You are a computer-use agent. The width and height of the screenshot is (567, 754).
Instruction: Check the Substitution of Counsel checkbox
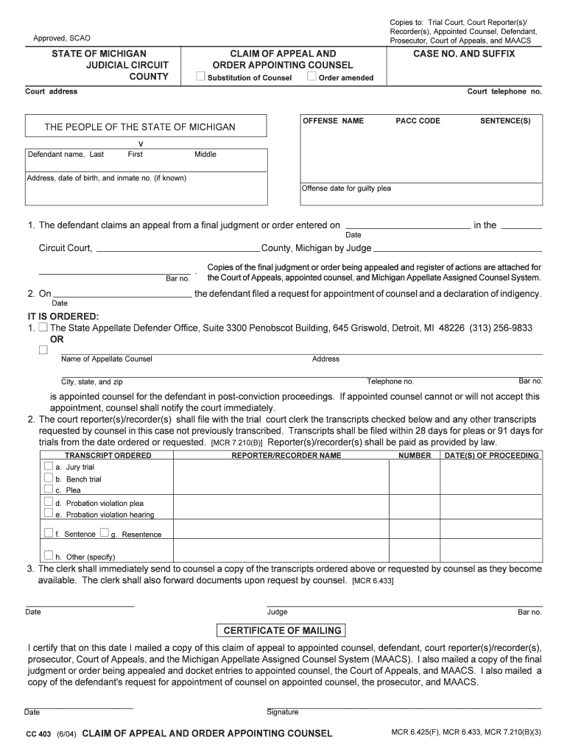200,77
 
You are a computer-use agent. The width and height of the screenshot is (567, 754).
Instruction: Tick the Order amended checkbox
311,77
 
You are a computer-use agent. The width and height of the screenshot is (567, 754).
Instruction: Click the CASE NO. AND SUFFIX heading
463,54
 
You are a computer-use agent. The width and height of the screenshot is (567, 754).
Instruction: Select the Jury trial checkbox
49,466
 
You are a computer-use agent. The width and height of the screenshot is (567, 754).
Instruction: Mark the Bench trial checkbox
49,478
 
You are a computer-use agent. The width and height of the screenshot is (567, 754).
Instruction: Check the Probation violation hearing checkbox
49,513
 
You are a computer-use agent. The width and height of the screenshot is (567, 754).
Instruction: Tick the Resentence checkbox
104,532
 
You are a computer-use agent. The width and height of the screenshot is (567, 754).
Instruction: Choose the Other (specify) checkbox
49,555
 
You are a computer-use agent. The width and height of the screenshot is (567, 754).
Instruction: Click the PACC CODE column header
418,121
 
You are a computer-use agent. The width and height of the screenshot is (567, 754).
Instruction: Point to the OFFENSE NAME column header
333,121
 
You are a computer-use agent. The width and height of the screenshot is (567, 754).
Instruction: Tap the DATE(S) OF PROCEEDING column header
491,456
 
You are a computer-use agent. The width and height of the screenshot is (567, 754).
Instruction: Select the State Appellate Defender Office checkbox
43,327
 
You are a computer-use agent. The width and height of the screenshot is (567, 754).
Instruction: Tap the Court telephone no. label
504,91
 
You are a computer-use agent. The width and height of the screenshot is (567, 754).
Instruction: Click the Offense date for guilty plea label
346,188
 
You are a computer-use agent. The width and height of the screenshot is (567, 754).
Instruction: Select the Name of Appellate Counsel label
106,359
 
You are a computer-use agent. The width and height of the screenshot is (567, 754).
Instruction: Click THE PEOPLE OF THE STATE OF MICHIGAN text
140,127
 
